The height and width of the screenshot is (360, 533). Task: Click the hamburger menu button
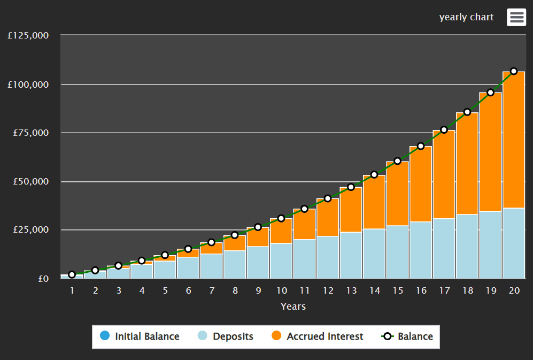(x=516, y=17)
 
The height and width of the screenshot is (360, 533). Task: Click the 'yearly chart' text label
(x=466, y=17)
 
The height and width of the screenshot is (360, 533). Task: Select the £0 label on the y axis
(x=43, y=279)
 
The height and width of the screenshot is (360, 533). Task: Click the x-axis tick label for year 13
(x=351, y=290)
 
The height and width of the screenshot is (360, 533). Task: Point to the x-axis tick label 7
(x=212, y=290)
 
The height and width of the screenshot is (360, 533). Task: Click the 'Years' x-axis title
(x=293, y=307)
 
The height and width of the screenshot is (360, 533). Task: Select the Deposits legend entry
(x=226, y=336)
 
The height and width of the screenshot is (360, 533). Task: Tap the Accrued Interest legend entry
(x=318, y=336)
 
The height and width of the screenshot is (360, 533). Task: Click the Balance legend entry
(x=407, y=336)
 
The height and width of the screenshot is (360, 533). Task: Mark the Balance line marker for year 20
(x=514, y=71)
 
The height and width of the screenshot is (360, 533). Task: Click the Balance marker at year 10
(x=281, y=218)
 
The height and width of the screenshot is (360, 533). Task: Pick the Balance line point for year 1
(x=72, y=274)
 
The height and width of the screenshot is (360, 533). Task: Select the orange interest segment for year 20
(x=514, y=139)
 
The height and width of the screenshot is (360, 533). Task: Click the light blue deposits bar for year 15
(x=397, y=251)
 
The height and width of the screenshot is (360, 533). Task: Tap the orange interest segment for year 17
(x=444, y=174)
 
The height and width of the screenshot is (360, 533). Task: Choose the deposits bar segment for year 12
(x=328, y=257)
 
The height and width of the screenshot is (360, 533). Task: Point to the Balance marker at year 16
(x=421, y=146)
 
